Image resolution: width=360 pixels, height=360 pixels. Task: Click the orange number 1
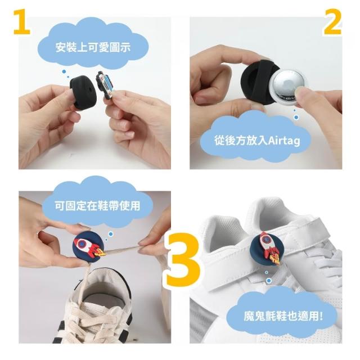(x=22, y=22)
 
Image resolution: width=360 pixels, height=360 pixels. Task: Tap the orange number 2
(x=332, y=23)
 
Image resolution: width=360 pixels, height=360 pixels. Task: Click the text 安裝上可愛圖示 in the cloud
(x=93, y=47)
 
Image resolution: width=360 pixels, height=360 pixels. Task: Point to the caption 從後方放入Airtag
(x=258, y=140)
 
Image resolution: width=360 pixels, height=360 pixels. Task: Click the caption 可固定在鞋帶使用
(x=97, y=205)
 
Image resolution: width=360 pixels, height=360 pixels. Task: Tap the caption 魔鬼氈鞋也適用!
(x=283, y=316)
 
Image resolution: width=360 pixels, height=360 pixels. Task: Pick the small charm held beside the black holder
(x=105, y=85)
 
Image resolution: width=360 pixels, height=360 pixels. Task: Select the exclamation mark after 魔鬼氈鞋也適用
(x=321, y=316)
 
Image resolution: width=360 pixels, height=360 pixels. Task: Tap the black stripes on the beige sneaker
(x=59, y=331)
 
